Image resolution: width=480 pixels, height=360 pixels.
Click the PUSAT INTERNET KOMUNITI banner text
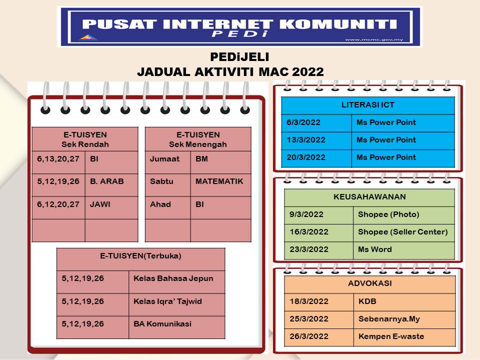tap(239, 23)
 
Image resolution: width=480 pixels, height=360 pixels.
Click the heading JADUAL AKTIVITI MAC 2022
tap(230, 71)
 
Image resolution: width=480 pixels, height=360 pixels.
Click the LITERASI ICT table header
tap(367, 105)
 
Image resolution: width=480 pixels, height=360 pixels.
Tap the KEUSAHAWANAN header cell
tap(369, 197)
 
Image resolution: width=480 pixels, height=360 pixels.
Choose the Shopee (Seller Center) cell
tap(402, 232)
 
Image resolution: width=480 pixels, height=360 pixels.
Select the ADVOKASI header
tap(369, 283)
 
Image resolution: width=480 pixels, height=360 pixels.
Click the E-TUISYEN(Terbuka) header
tap(140, 256)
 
